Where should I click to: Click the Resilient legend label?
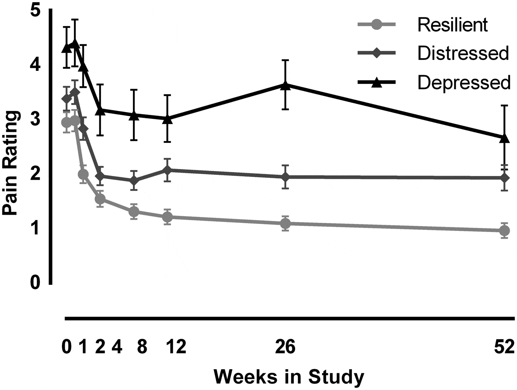(452, 25)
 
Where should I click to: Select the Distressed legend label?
(463, 54)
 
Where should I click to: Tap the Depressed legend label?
(464, 82)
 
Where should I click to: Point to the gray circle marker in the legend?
(376, 25)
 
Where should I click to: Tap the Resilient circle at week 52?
(504, 231)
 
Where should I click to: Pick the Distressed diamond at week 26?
(285, 177)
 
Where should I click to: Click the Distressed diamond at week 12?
(168, 170)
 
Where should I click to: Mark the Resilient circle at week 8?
(134, 212)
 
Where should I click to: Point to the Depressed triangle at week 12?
(168, 119)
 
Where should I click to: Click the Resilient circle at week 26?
(285, 224)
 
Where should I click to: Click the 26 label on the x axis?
(285, 347)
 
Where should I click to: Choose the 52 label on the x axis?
(504, 347)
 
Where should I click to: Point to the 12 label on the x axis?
(176, 347)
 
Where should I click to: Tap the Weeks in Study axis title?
(289, 377)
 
